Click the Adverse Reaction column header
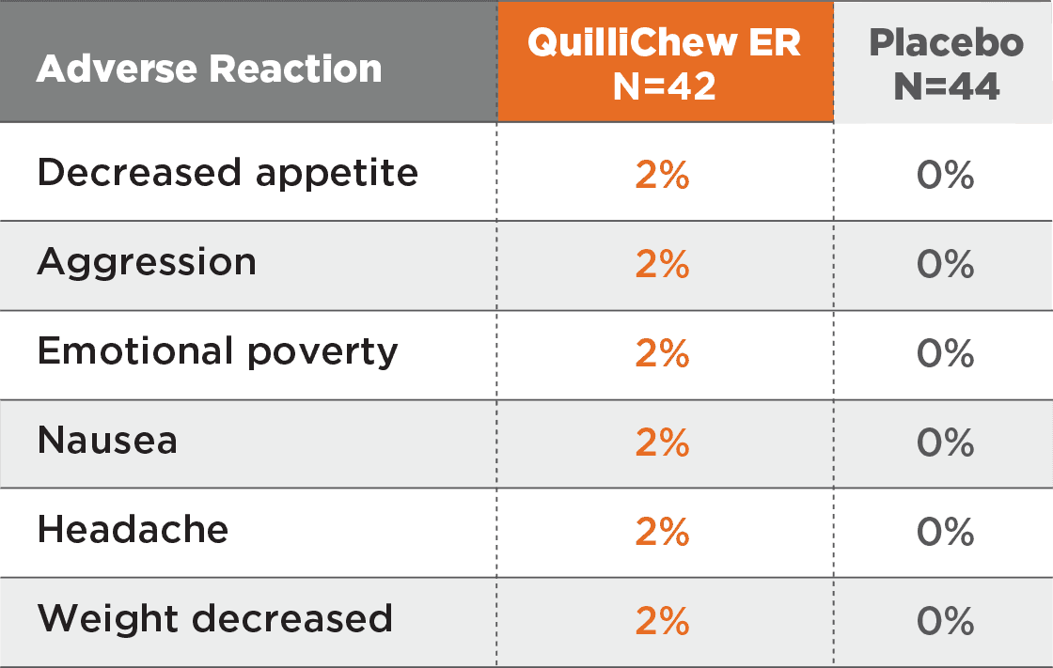tap(209, 69)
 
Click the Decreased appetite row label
tap(228, 173)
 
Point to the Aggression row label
tap(147, 262)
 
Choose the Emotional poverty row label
tap(217, 351)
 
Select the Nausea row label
tap(107, 441)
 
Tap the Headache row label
tap(133, 530)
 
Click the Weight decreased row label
tap(214, 619)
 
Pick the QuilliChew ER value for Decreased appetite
tap(663, 176)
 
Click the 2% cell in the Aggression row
tap(663, 265)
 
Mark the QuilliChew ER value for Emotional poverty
tap(663, 354)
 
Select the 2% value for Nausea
tap(663, 443)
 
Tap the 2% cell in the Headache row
tap(663, 533)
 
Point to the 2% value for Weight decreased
tap(663, 622)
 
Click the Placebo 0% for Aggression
tap(945, 265)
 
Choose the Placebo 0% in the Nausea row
tap(945, 443)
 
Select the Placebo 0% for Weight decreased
tap(945, 622)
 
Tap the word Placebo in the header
tap(946, 43)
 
